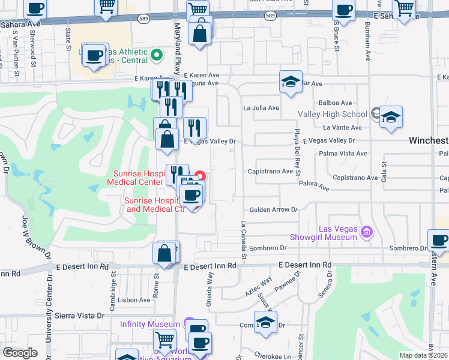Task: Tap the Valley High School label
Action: pyautogui.click(x=333, y=114)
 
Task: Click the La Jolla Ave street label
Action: pyautogui.click(x=261, y=108)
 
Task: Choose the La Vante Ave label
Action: pyautogui.click(x=343, y=127)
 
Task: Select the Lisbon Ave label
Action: pyautogui.click(x=135, y=299)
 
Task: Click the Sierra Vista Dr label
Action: pyautogui.click(x=79, y=315)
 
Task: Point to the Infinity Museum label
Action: pyautogui.click(x=150, y=324)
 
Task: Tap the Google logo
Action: pyautogui.click(x=20, y=353)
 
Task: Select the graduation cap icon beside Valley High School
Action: pyautogui.click(x=391, y=117)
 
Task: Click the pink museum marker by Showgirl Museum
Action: pyautogui.click(x=367, y=231)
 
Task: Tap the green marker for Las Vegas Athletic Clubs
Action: pyautogui.click(x=157, y=56)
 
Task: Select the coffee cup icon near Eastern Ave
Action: pyautogui.click(x=439, y=240)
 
